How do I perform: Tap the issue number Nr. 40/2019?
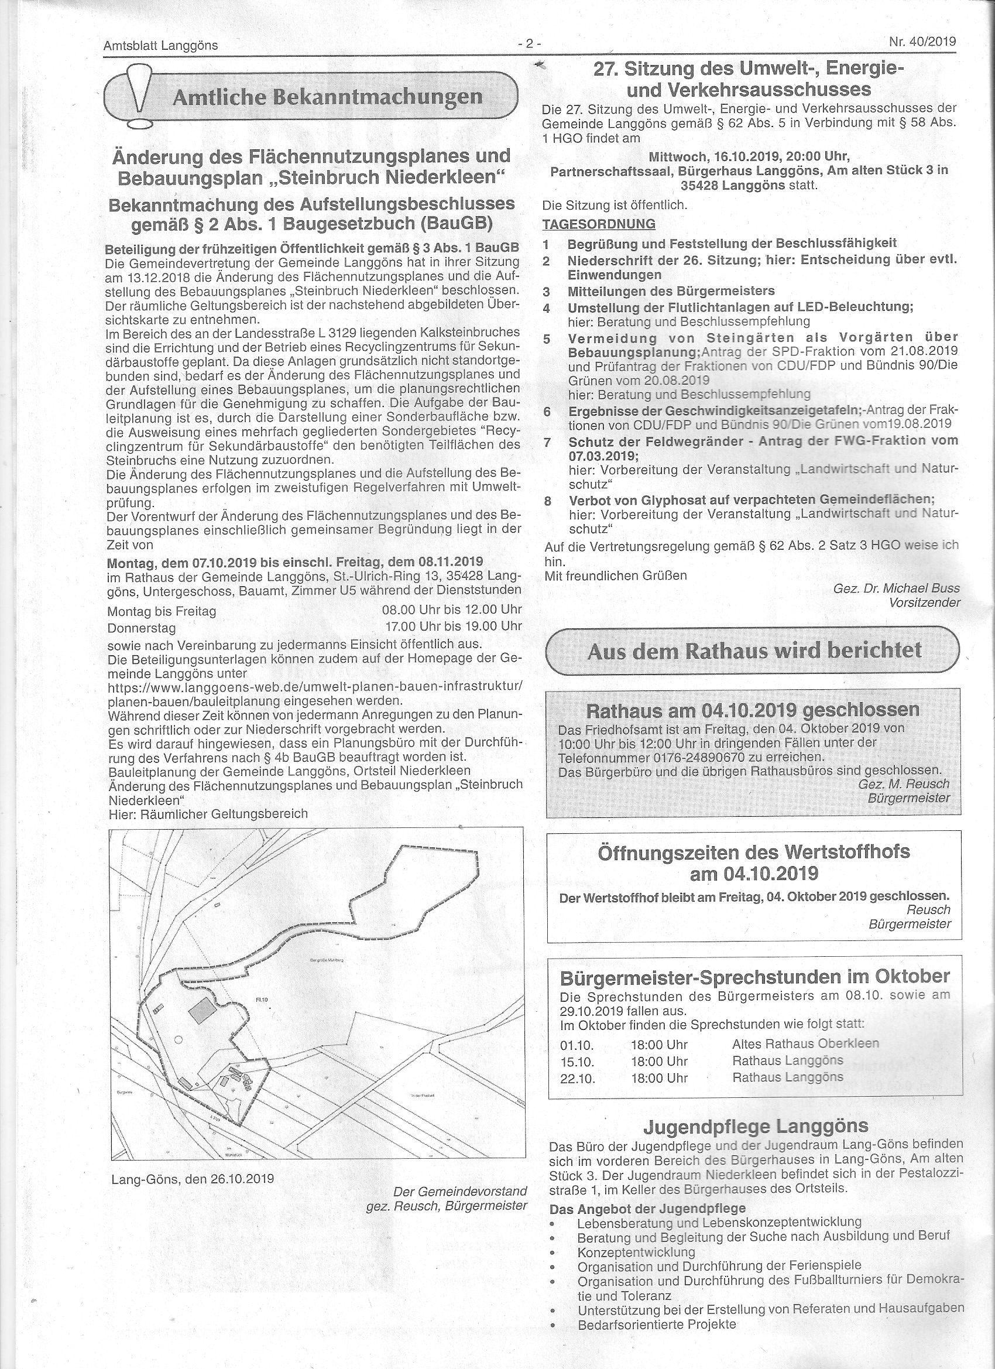922,42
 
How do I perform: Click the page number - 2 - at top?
530,44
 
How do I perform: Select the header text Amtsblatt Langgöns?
160,45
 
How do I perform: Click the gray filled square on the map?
200,1008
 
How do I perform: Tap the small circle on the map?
179,1039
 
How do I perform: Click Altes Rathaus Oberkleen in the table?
805,1043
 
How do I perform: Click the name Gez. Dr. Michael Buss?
895,588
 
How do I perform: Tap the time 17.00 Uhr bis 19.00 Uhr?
452,626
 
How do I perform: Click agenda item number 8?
547,501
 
